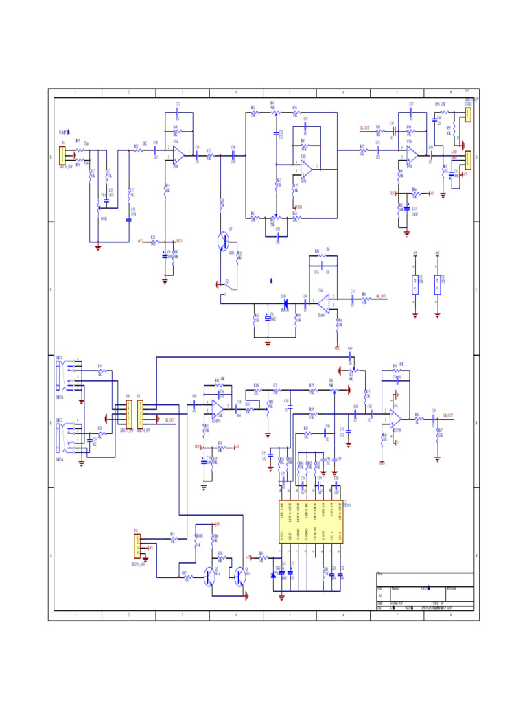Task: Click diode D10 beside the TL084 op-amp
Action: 284,303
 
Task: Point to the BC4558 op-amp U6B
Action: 215,410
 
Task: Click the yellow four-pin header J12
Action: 137,546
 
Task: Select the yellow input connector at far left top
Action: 62,157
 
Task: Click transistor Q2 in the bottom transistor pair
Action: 209,577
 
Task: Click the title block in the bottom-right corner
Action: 425,591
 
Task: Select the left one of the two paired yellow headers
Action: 128,415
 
